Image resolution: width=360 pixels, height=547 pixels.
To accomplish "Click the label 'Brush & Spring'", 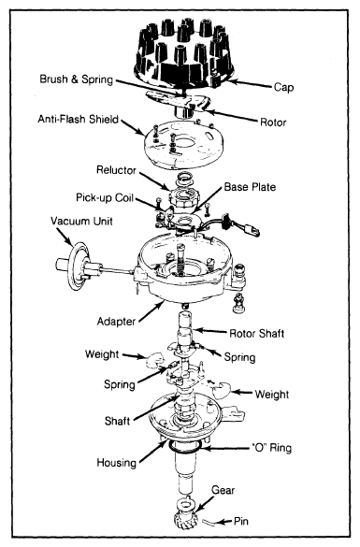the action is point(76,79).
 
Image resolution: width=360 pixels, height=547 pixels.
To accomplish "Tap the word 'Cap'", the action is point(283,87).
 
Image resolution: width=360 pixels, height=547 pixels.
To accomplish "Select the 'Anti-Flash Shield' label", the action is point(79,119).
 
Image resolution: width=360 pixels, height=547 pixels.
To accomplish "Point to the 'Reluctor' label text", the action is point(116,170).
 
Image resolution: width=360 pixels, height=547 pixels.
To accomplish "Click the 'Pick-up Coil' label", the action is point(105,198).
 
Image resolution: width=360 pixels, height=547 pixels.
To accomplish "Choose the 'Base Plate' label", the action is point(250,187).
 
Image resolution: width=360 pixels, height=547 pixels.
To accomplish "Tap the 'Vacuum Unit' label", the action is point(81,222).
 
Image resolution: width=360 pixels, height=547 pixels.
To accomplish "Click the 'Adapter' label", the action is point(116,322).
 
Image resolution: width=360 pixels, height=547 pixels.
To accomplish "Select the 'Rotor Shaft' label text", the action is point(256,334).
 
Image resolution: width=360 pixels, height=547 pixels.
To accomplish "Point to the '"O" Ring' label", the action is point(271,448).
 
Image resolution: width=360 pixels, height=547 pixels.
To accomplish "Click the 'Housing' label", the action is point(116,463).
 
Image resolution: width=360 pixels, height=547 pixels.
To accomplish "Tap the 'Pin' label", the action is point(240,521).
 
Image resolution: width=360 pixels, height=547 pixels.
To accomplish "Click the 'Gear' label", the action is point(223,490).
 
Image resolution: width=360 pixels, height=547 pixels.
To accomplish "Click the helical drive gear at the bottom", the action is point(185,516).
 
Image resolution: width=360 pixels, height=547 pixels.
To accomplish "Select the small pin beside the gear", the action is point(209,522).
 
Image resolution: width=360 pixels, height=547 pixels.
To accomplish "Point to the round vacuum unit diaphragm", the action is point(78,266).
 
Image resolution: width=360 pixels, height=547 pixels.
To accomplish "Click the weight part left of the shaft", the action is point(154,360).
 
